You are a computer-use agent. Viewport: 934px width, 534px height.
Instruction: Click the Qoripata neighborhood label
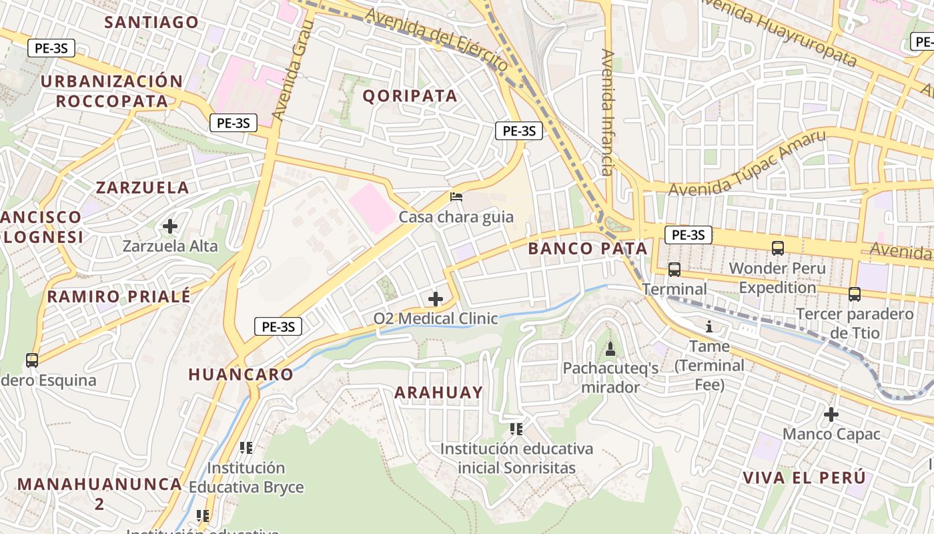410,95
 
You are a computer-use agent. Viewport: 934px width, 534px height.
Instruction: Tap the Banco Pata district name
587,249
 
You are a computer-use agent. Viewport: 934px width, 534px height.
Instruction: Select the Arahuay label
438,392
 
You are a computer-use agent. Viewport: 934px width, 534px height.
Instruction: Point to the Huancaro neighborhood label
241,374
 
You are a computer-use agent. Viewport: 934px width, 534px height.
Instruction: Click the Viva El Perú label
804,478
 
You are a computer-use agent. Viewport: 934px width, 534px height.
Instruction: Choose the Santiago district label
151,22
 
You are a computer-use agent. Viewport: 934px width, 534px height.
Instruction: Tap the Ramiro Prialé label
119,296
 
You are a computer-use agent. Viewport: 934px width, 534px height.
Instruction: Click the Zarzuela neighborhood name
142,188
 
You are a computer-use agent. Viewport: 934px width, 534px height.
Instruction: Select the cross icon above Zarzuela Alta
170,226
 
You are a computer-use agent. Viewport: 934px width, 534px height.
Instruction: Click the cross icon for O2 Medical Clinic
436,298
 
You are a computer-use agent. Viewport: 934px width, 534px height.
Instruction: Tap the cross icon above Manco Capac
831,415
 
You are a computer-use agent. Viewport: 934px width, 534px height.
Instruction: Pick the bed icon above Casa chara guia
456,196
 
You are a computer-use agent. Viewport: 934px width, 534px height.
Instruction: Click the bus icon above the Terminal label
674,270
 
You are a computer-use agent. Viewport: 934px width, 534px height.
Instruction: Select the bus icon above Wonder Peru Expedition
777,248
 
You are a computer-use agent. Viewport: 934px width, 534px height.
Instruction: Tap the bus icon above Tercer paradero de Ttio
855,294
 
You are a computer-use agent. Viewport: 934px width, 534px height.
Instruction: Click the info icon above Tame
709,327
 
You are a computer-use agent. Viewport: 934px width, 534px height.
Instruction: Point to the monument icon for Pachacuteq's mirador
610,348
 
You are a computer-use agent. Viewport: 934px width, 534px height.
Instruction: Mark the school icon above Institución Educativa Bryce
246,447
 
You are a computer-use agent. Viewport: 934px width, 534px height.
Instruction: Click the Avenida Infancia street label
607,112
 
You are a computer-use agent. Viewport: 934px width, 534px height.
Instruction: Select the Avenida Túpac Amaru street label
747,164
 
